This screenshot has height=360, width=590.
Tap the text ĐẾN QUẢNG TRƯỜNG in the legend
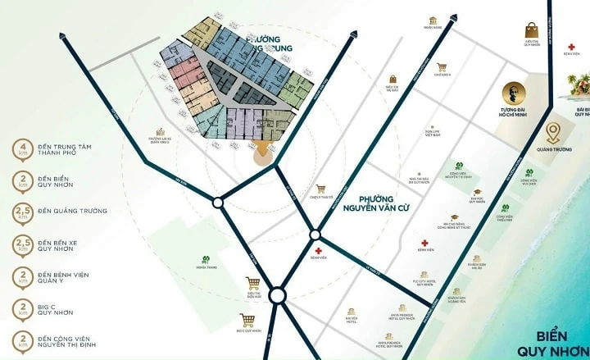(x=75, y=212)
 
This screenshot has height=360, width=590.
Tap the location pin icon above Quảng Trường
(x=554, y=132)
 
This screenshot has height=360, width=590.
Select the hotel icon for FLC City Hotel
(x=421, y=272)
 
